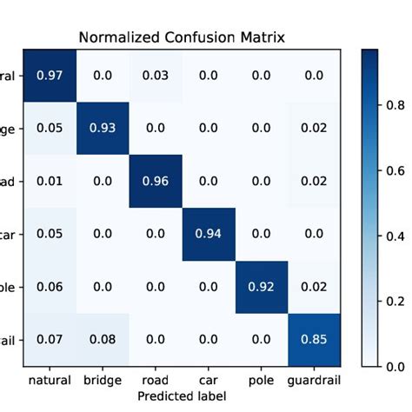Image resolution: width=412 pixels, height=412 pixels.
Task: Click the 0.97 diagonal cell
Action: coord(50,76)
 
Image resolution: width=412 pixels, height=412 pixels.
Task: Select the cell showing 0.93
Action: coord(103,129)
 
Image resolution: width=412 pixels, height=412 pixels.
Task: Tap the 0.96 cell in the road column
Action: coord(156,182)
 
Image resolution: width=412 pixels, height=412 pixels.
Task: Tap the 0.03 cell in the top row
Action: coord(156,76)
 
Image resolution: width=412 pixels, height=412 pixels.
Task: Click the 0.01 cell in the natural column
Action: coord(50,182)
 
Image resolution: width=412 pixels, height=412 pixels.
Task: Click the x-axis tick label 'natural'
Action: coord(50,380)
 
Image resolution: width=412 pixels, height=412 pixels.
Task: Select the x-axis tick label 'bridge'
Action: coord(103,380)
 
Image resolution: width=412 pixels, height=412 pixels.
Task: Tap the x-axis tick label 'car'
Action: coord(209,380)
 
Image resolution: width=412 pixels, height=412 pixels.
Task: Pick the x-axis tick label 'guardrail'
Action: coord(314,380)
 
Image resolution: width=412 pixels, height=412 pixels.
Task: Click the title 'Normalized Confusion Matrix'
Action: coord(183,37)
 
